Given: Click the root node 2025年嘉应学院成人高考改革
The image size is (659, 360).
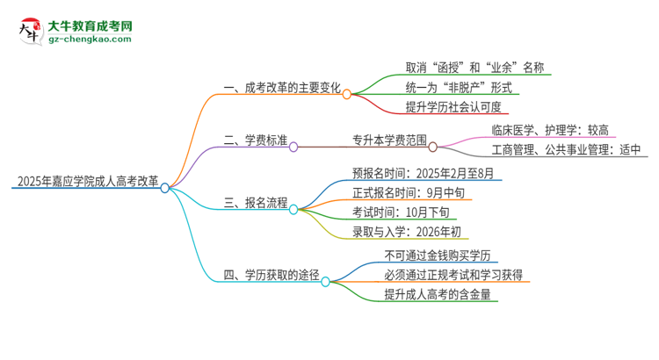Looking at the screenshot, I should point(86,183).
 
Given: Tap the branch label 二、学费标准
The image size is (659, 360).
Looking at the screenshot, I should point(254,140).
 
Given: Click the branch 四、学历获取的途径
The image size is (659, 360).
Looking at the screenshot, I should point(269,274).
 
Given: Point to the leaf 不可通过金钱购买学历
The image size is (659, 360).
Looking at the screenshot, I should point(437,255).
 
